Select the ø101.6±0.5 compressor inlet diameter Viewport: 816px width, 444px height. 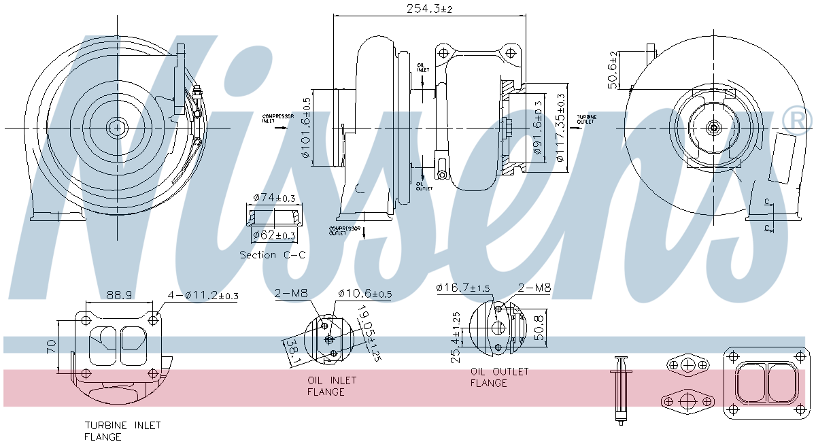pyautogui.click(x=306, y=128)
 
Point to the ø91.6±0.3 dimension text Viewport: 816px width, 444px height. pyautogui.click(x=538, y=127)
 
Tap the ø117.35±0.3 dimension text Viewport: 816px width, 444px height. pyautogui.click(x=560, y=127)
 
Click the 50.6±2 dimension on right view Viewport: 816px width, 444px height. pyautogui.click(x=612, y=69)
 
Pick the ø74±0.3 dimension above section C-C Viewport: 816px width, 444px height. pyautogui.click(x=274, y=198)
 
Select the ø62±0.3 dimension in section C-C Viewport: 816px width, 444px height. pyautogui.click(x=274, y=235)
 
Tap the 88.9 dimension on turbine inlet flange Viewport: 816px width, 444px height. pyautogui.click(x=119, y=295)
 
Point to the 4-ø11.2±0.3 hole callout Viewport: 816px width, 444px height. pyautogui.click(x=203, y=295)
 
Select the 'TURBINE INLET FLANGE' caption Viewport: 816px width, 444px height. pyautogui.click(x=122, y=431)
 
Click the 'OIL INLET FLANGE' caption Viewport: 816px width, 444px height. pyautogui.click(x=331, y=386)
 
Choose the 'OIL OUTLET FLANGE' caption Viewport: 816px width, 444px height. pyautogui.click(x=498, y=377)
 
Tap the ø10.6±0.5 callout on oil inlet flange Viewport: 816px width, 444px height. pyautogui.click(x=364, y=294)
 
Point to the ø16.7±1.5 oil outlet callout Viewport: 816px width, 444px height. pyautogui.click(x=463, y=288)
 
